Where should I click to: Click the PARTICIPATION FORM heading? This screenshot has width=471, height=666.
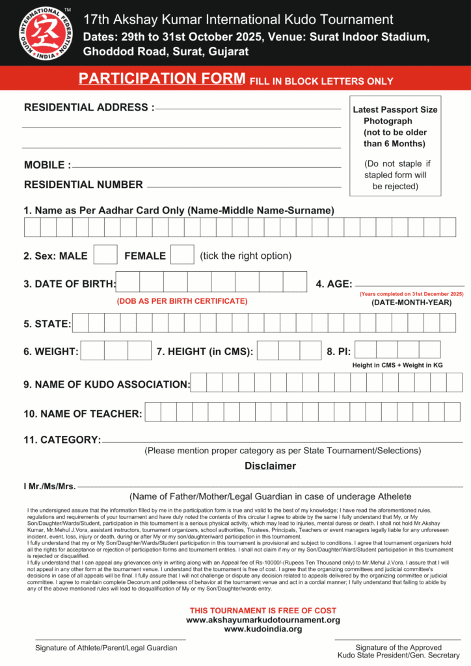click(162, 79)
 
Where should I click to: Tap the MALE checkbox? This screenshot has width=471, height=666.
click(105, 255)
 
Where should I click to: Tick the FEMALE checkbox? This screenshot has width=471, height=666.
click(182, 255)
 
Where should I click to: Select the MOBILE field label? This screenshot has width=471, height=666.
click(47, 165)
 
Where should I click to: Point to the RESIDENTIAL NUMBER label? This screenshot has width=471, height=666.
click(83, 185)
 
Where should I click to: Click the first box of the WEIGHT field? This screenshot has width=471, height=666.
click(92, 351)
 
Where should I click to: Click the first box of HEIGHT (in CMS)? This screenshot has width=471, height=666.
click(269, 351)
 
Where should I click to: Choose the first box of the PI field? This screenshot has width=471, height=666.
click(366, 350)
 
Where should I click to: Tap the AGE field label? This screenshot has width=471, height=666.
click(334, 284)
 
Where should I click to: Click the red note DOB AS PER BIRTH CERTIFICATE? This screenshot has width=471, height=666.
click(182, 301)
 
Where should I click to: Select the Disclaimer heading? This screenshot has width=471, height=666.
click(270, 466)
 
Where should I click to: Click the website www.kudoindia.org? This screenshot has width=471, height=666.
click(263, 629)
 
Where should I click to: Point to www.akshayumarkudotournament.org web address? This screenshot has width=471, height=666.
click(263, 620)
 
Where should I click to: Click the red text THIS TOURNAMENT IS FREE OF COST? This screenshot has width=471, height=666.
click(263, 611)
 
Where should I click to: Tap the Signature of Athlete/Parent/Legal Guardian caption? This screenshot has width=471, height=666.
click(106, 648)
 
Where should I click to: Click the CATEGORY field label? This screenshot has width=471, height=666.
click(62, 440)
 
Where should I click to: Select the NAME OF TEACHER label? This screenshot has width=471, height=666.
click(83, 414)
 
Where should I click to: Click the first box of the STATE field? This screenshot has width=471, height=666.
click(80, 323)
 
